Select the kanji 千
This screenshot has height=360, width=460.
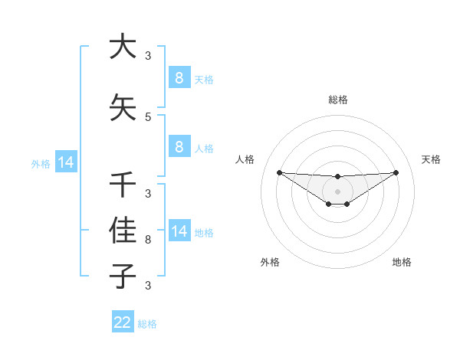point(123,184)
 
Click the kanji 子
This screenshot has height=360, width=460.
point(123,274)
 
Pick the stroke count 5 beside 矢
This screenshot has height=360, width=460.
point(148,117)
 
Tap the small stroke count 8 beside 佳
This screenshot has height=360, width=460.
point(148,240)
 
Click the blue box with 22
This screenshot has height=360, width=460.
point(123,322)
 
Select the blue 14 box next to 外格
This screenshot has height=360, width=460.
point(65,162)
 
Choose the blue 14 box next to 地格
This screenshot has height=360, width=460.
point(179,231)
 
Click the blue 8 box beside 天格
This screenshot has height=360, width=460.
point(179,77)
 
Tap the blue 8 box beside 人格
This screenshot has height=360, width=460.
point(179,147)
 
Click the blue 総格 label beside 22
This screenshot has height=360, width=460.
point(147,324)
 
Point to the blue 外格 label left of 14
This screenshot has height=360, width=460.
point(41,163)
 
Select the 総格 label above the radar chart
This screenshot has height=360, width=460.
point(337,100)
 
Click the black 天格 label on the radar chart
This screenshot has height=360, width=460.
point(431,159)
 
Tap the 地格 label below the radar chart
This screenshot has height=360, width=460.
point(402,262)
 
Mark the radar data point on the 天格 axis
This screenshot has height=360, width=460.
point(396,172)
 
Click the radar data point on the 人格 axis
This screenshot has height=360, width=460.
point(279,172)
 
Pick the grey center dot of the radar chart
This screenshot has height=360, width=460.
point(337,191)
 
